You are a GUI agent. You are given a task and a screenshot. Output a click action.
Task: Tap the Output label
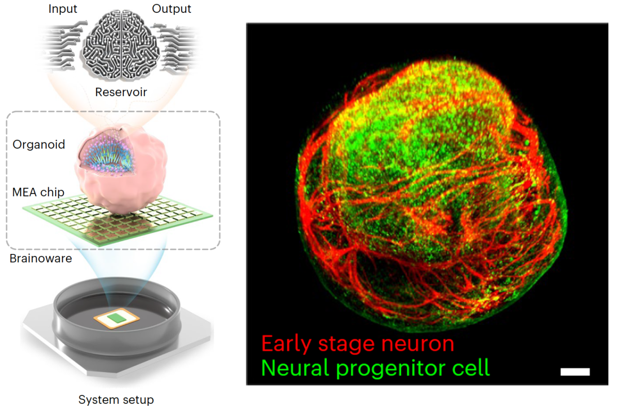[x=172, y=9]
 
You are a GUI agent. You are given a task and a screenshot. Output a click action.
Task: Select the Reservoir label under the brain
[x=121, y=92]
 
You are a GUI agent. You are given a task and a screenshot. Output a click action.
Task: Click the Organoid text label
[x=39, y=144]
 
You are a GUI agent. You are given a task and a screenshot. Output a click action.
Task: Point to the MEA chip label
[x=39, y=193]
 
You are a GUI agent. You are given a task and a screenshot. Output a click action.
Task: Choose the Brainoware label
[x=41, y=259]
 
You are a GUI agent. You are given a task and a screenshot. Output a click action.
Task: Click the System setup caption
[x=116, y=400]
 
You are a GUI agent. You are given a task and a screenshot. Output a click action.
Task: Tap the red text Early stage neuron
[x=357, y=343]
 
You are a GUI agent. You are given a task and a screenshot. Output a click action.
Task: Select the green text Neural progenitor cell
[x=376, y=368]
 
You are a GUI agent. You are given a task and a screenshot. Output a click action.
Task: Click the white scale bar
[x=575, y=372]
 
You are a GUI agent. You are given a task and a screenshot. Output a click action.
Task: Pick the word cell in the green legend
[x=470, y=368]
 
